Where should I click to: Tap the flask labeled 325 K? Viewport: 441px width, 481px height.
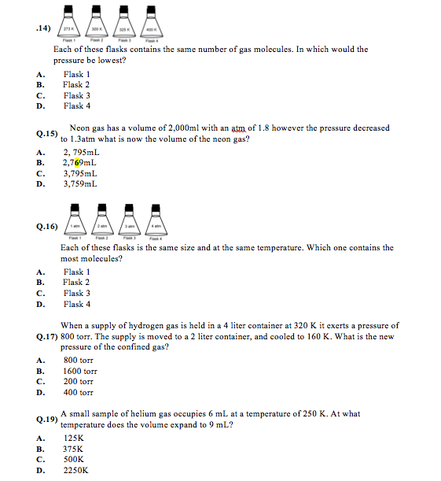123,25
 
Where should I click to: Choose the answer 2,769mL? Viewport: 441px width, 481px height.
79,163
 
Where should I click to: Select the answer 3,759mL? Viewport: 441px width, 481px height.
80,184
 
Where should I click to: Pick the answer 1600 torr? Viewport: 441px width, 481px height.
79,371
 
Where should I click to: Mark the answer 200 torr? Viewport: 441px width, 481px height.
77,381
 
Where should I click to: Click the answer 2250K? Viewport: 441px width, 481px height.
75,470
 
